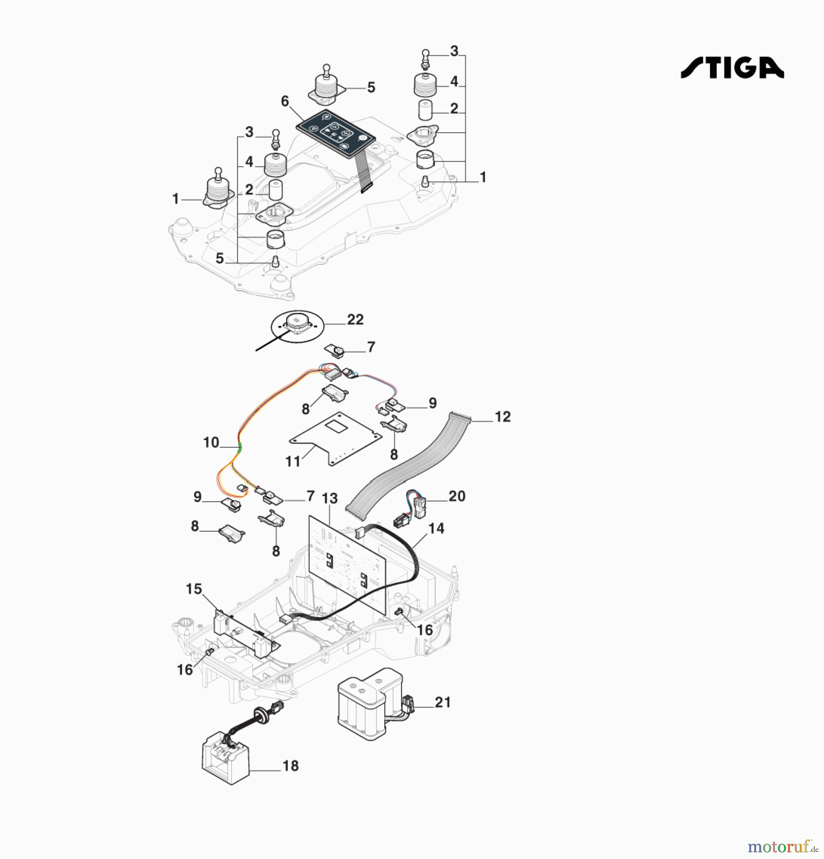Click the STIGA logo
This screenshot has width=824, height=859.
pyautogui.click(x=732, y=67)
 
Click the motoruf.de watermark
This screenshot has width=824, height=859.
pyautogui.click(x=783, y=847)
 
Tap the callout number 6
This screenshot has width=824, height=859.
pyautogui.click(x=285, y=101)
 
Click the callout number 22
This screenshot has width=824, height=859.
pyautogui.click(x=355, y=319)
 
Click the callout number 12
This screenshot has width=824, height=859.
pyautogui.click(x=503, y=417)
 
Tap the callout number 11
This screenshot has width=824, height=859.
pyautogui.click(x=293, y=461)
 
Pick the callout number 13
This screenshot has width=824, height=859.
pyautogui.click(x=330, y=498)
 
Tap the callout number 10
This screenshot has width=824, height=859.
pyautogui.click(x=211, y=442)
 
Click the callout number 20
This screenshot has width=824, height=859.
pyautogui.click(x=457, y=496)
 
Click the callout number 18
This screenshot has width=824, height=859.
pyautogui.click(x=290, y=766)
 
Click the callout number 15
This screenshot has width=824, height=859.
pyautogui.click(x=194, y=589)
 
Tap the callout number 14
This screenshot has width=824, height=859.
pyautogui.click(x=436, y=528)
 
